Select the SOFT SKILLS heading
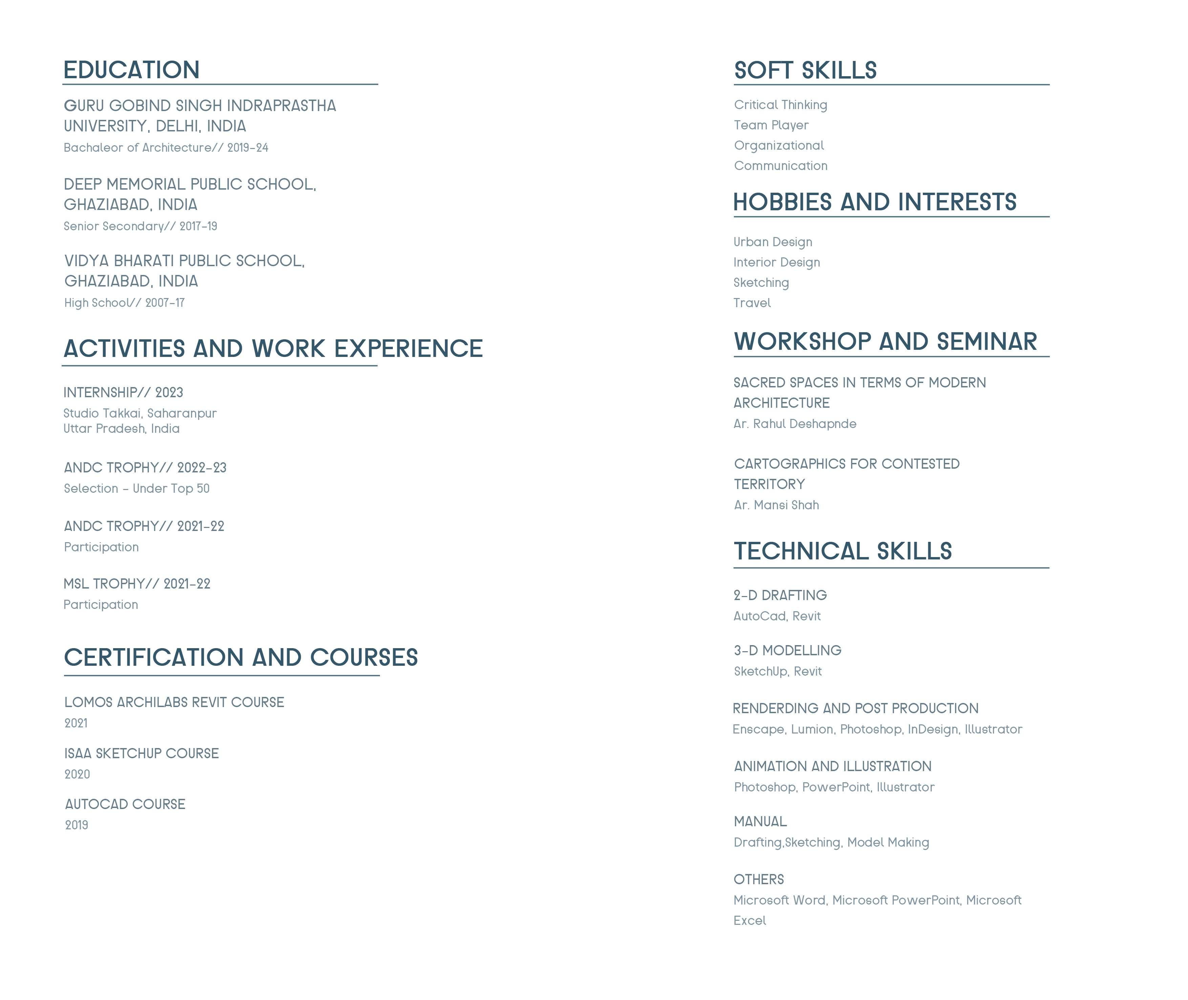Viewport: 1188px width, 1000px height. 805,70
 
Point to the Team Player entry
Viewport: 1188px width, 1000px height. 771,125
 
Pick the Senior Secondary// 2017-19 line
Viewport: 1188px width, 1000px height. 140,226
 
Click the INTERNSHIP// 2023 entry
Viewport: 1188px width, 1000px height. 123,392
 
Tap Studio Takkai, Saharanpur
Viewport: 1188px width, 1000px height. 140,413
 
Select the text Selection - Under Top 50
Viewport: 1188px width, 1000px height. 136,489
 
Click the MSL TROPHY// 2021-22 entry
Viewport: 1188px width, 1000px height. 136,584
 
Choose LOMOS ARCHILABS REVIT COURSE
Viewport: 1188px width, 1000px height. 174,702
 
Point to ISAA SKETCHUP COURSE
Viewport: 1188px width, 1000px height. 141,753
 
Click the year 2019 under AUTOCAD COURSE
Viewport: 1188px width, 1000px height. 77,825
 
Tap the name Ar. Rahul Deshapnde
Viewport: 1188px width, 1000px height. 794,424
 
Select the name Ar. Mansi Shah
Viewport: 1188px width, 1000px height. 776,505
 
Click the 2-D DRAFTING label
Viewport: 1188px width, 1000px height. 780,595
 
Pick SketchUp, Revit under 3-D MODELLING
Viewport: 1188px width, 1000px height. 778,672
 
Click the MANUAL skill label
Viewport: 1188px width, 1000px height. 760,822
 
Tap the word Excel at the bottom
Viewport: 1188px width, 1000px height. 749,921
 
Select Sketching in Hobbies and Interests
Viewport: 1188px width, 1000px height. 761,283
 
